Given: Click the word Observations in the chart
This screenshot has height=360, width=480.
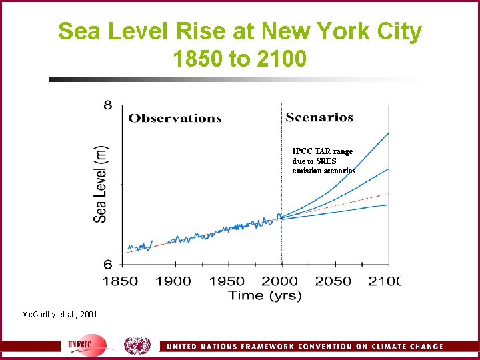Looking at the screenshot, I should coord(175,119).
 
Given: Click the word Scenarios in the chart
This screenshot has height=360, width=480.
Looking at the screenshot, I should coord(319,117).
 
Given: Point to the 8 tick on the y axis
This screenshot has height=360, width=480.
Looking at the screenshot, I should coord(107,105).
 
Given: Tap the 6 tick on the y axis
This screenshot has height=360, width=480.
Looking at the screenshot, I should coord(107,265).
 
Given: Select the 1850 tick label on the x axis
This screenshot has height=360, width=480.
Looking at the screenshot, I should coord(120,281).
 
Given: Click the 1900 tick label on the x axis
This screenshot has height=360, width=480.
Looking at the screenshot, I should coord(173,281).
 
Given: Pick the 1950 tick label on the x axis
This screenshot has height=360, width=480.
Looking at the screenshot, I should coord(227,281).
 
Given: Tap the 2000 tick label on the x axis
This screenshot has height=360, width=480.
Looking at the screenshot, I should coord(280,281).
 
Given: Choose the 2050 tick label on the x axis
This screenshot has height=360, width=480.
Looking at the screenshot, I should coord(333,281).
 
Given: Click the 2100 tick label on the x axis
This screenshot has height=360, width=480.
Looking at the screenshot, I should coord(385,281).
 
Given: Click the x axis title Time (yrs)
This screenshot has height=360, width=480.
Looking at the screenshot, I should coord(265,295).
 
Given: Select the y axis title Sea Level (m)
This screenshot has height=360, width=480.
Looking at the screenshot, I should coord(101,184).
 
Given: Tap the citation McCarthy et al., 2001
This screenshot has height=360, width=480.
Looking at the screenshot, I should coord(59,313).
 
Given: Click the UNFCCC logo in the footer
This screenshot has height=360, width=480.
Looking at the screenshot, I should coord(87,346).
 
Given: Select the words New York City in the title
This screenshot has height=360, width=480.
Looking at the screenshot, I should coord(341,31).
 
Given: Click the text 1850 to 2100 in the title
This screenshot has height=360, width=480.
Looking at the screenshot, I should coord(239,59).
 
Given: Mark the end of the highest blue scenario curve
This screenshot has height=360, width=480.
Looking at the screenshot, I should coord(388,133).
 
